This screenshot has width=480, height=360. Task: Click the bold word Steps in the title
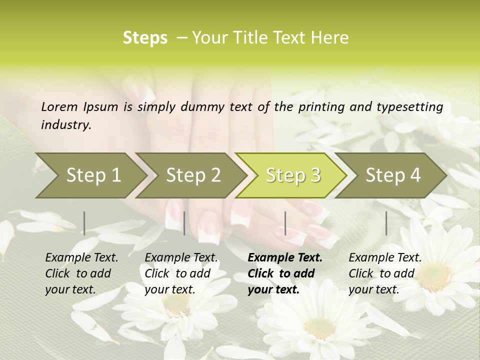point(145,38)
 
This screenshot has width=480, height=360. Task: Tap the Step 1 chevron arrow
point(90,175)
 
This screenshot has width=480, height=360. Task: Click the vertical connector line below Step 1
point(84,223)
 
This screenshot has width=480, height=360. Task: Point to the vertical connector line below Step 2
point(184,223)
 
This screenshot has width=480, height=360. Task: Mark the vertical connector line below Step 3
point(285,223)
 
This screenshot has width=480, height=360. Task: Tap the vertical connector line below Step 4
point(386,223)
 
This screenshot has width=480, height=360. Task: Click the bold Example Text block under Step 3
point(285,273)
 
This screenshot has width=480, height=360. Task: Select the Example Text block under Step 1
point(81,273)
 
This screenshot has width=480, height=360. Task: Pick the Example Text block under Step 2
point(181,273)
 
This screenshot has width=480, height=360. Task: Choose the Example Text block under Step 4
point(385,273)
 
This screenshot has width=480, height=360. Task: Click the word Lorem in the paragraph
point(59,106)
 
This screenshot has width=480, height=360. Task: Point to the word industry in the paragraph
point(66,124)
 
